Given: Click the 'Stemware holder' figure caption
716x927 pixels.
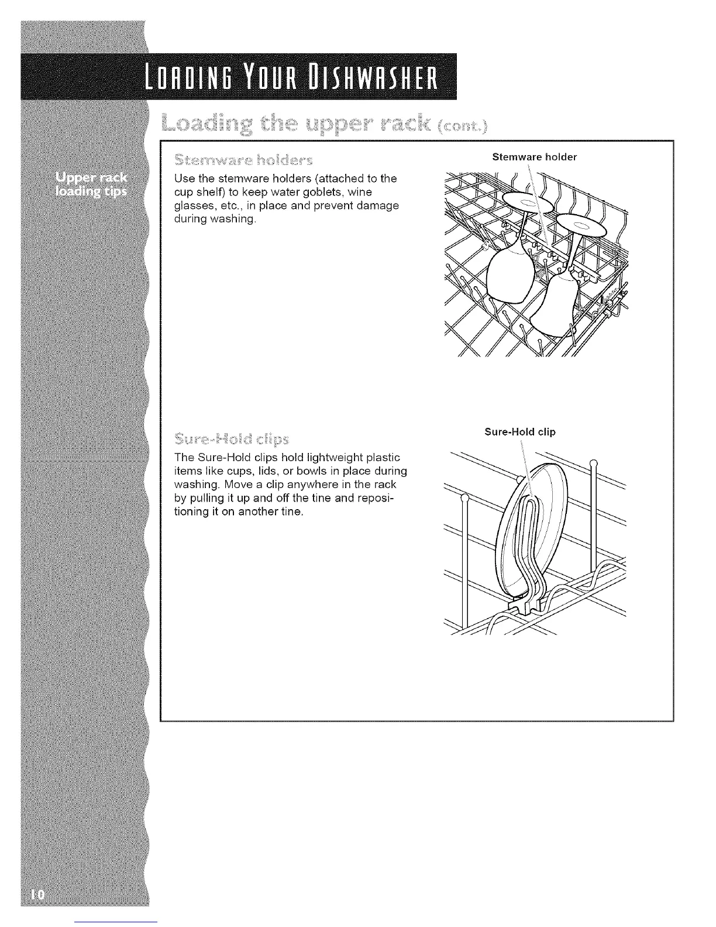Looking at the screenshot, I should (x=535, y=157).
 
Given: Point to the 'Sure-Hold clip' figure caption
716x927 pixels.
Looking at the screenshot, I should (x=520, y=432).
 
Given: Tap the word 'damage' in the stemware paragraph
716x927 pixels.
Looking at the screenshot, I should (x=372, y=205).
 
